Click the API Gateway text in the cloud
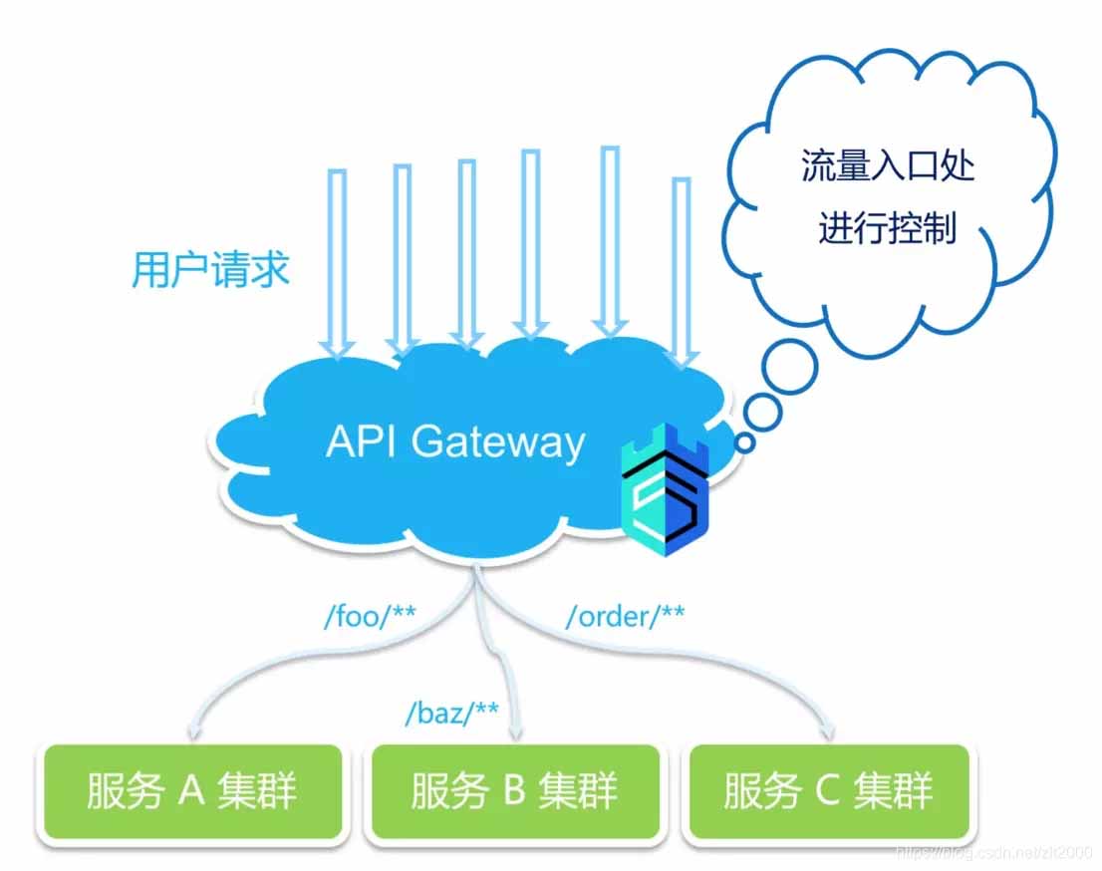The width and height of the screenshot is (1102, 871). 455,441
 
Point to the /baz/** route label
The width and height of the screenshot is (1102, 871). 451,714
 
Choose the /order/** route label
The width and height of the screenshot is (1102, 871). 625,617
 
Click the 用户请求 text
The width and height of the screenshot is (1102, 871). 210,269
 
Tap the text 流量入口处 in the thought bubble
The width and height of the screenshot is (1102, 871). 888,165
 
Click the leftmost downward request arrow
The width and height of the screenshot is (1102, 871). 338,264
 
